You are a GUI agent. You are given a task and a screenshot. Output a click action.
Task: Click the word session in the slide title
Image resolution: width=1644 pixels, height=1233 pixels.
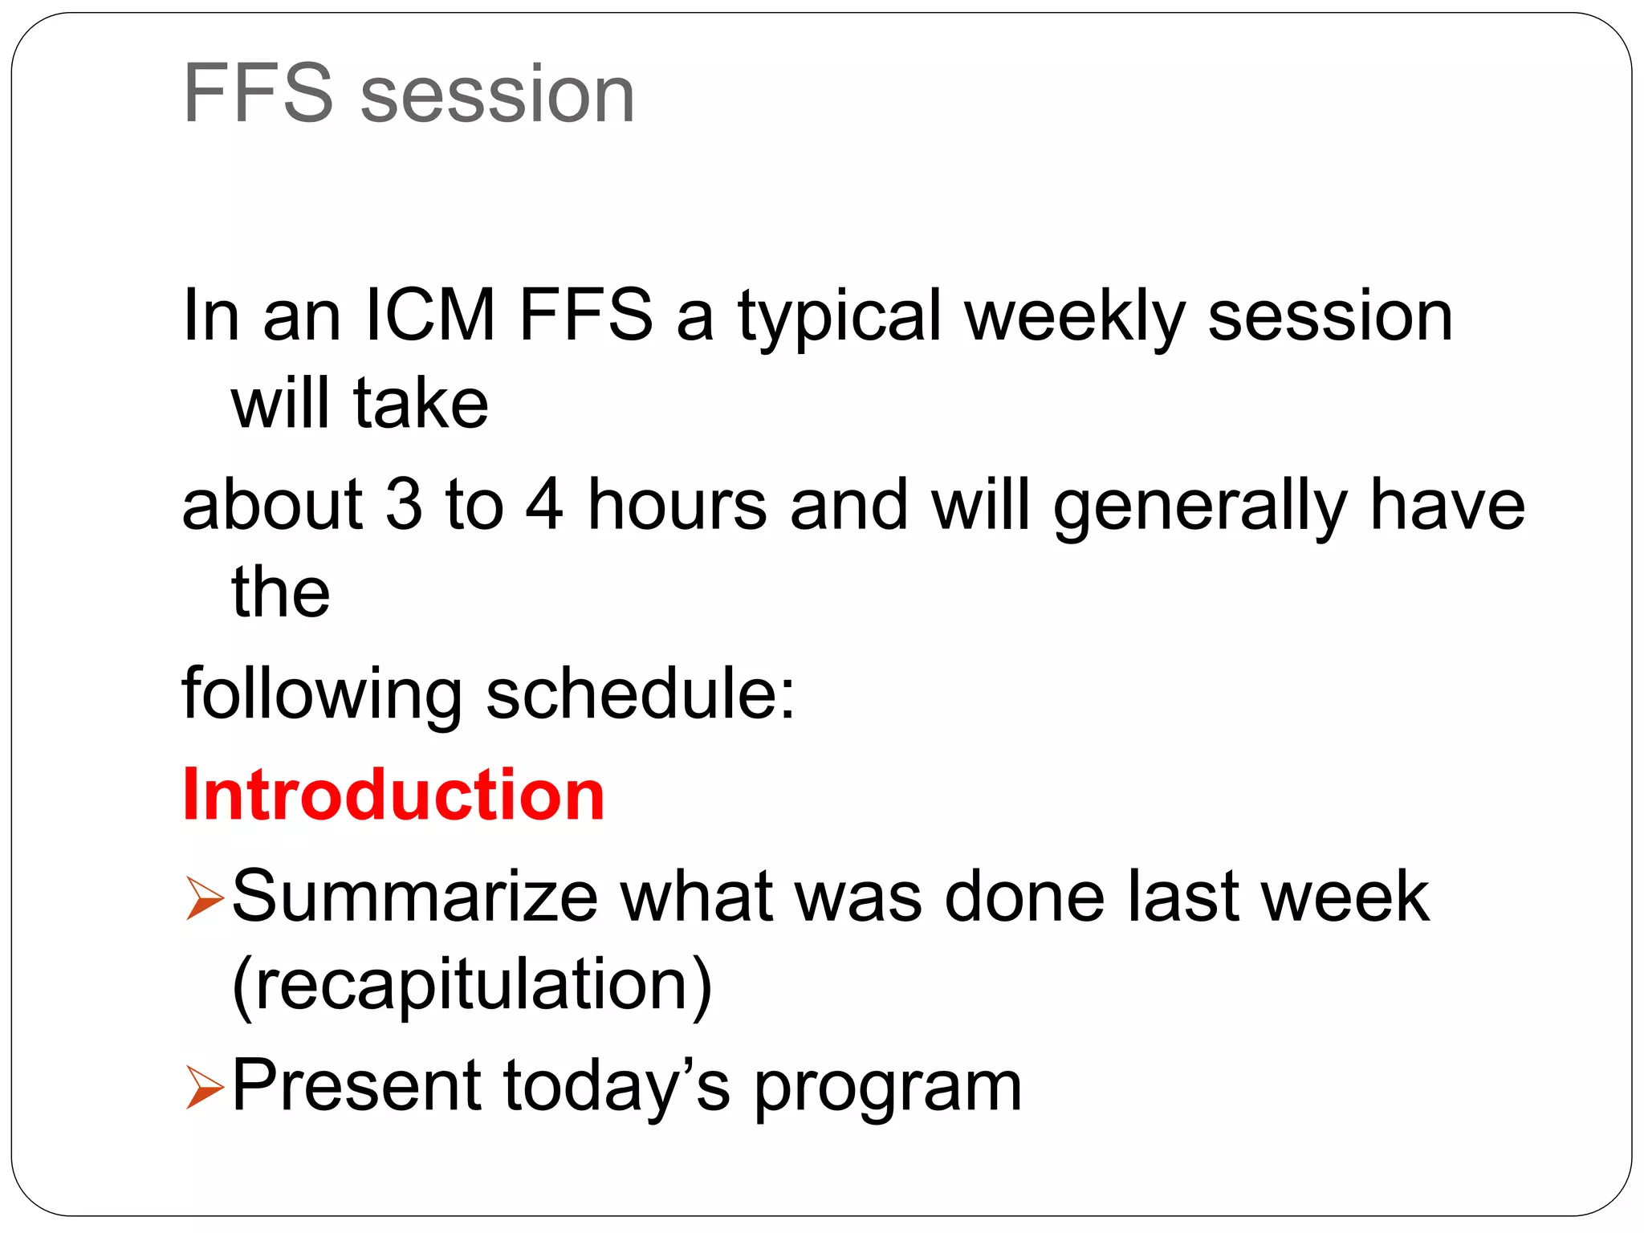(x=498, y=95)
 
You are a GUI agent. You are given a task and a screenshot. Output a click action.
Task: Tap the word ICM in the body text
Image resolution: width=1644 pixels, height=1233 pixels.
(x=430, y=315)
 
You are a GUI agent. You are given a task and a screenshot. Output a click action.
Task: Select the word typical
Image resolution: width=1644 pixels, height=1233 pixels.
(x=840, y=316)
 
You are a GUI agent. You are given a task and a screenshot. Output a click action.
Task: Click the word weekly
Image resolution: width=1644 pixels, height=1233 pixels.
(x=1075, y=316)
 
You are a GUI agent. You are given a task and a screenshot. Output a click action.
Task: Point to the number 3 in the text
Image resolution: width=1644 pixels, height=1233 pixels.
(x=404, y=504)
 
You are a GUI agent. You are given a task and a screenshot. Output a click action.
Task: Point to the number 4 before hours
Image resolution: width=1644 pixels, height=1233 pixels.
(x=544, y=504)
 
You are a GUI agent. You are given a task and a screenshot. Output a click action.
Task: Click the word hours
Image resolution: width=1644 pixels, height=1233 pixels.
(x=677, y=504)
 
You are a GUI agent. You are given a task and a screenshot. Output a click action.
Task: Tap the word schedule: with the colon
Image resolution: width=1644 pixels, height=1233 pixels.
(x=641, y=693)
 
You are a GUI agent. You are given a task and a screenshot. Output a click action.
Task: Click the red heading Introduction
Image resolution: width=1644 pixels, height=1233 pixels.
(x=393, y=795)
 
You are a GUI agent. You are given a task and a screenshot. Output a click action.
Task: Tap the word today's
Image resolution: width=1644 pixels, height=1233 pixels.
(x=616, y=1085)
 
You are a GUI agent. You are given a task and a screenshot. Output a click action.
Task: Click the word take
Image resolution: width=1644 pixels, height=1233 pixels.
(x=421, y=403)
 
